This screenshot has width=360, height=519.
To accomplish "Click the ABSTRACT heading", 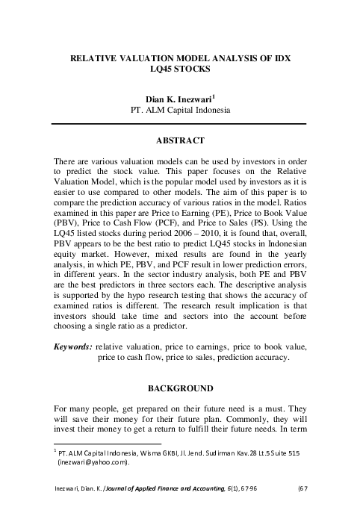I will [x=180, y=140].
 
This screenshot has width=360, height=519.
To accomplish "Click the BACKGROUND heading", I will [x=180, y=388].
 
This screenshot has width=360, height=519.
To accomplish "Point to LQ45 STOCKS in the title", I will [x=180, y=68].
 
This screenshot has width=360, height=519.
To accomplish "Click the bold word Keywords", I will [x=72, y=346].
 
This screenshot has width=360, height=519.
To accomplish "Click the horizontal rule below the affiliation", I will [x=180, y=122].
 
